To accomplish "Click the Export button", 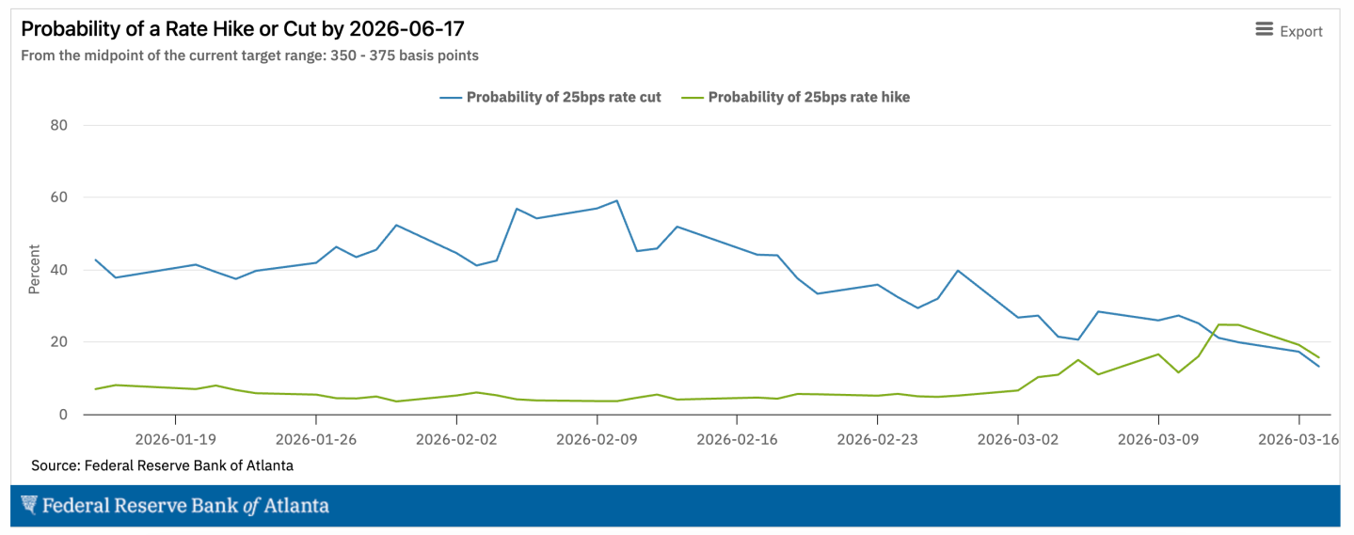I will pyautogui.click(x=1289, y=31).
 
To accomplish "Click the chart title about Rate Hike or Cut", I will pyautogui.click(x=243, y=29).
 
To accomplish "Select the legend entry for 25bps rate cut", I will pyautogui.click(x=563, y=97).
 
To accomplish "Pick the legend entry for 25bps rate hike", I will pyautogui.click(x=808, y=97).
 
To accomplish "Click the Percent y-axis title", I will pyautogui.click(x=34, y=270).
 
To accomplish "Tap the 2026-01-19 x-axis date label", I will pyautogui.click(x=175, y=438).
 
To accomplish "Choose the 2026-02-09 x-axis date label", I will pyautogui.click(x=597, y=438).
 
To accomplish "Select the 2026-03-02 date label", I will pyautogui.click(x=1018, y=438).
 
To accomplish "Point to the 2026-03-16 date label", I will pyautogui.click(x=1298, y=438).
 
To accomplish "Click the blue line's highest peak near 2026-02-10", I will pyautogui.click(x=616, y=200).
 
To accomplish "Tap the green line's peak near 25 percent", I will pyautogui.click(x=1219, y=324).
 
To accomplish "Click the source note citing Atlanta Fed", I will pyautogui.click(x=162, y=465).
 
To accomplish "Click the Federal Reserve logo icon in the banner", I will pyautogui.click(x=29, y=505).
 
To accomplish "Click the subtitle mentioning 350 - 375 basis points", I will pyautogui.click(x=249, y=55).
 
